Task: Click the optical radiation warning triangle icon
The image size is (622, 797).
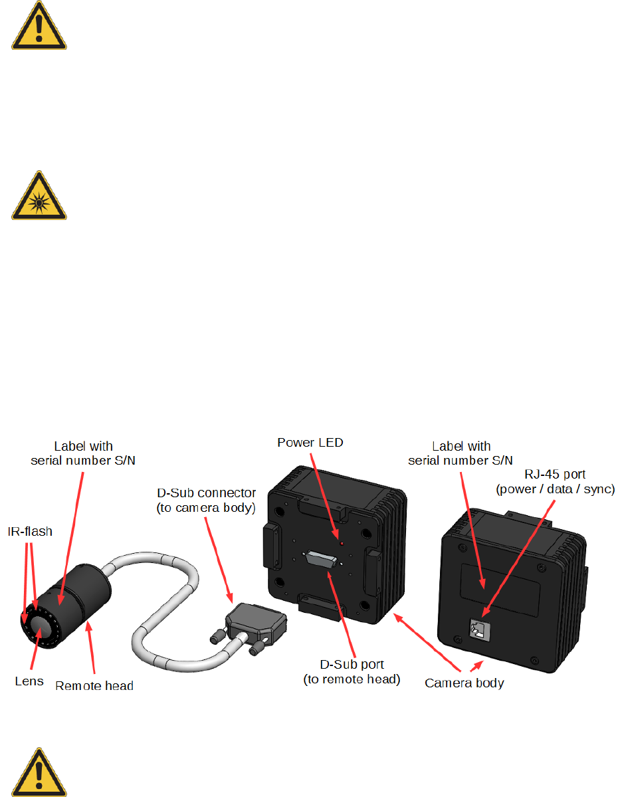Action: [x=39, y=197]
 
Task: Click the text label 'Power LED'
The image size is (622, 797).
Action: [x=310, y=442]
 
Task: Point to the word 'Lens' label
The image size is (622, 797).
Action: [x=29, y=681]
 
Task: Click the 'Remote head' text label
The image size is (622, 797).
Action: [x=94, y=685]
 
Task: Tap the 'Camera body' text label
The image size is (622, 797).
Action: [x=465, y=683]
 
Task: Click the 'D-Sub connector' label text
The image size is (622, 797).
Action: [x=205, y=494]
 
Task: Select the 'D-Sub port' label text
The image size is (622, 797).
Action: [x=352, y=665]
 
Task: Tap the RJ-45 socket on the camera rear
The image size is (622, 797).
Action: [x=479, y=627]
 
